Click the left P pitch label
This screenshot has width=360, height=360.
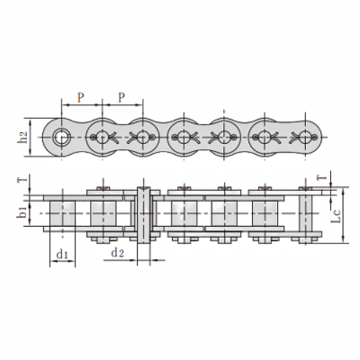pos(81,97)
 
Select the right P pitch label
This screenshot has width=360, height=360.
pos(121,97)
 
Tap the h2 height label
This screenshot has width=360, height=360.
pos(23,137)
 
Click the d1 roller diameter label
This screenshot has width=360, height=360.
pos(62,254)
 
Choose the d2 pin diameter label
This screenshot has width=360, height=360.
pos(117,253)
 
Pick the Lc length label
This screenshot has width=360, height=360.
pos(336,216)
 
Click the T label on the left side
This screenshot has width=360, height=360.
pos(23,179)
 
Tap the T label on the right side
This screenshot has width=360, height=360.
pos(321,177)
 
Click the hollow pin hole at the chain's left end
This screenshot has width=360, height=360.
pos(61,137)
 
